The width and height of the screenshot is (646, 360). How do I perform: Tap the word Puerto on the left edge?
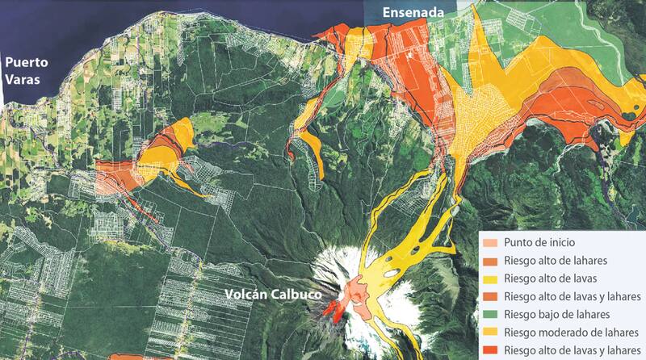26,62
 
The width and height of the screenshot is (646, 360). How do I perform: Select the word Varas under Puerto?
23,81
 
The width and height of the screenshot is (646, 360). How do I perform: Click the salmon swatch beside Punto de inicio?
490,242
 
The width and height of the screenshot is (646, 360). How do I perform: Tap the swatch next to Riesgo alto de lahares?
490,260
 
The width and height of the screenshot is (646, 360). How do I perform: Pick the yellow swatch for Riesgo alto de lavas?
490,278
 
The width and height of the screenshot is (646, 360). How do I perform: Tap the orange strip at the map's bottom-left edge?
137,356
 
